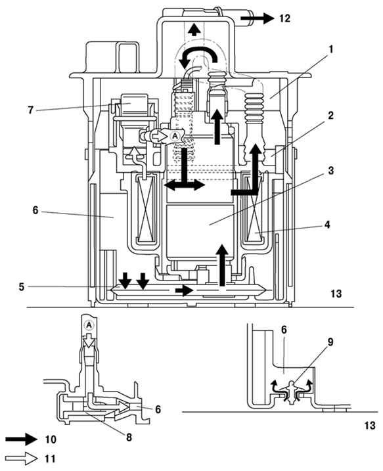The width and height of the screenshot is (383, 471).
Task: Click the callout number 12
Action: click(284, 18)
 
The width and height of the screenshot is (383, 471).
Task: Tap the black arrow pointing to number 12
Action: click(257, 18)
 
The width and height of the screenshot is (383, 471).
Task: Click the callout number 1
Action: click(330, 49)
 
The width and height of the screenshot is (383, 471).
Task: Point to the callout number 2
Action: click(330, 116)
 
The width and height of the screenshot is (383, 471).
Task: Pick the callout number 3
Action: click(330, 171)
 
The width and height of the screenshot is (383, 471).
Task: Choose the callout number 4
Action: click(327, 225)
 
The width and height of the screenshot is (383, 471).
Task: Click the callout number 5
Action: click(21, 287)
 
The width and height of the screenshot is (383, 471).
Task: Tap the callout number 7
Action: click(30, 110)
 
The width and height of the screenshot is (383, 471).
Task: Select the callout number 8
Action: click(129, 437)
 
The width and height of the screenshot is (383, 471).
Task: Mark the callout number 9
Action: click(330, 342)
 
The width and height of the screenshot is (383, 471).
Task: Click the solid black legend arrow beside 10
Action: click(22, 439)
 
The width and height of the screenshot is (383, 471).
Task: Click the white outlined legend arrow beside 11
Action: click(22, 459)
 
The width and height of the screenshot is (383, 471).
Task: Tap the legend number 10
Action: click(51, 439)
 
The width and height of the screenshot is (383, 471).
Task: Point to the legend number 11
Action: click(50, 459)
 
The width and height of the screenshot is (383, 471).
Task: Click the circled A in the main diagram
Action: click(175, 136)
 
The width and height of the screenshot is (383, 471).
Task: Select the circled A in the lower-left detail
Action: click(89, 325)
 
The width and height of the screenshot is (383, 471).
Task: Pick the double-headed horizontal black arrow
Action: click(185, 185)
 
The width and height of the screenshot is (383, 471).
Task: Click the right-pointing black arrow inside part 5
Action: click(184, 290)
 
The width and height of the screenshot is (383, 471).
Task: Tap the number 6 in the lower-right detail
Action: click(284, 330)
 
